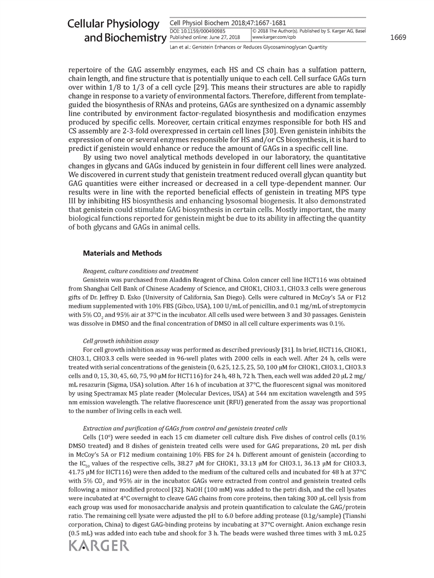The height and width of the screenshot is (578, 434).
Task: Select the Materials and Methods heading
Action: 123,253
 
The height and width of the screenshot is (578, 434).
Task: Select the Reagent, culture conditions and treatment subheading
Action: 140,270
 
